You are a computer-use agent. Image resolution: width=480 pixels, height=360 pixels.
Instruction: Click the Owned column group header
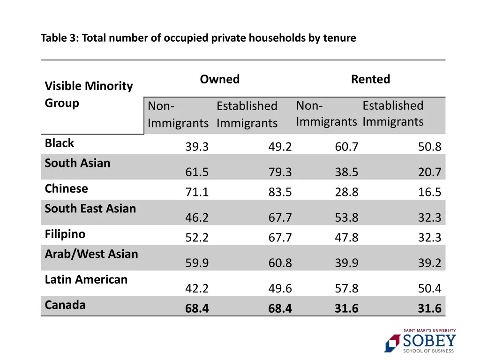(x=219, y=79)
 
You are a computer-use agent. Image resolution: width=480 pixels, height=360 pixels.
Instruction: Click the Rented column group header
(x=370, y=79)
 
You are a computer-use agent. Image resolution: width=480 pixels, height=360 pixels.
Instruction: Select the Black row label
(x=60, y=143)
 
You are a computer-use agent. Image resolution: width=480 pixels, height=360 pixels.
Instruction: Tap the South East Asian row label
(x=90, y=209)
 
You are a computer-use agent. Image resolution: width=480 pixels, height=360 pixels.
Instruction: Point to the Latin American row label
(x=86, y=279)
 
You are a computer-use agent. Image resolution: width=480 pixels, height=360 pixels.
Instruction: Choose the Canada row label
(x=65, y=305)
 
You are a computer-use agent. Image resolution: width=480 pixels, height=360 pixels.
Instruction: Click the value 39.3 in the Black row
(x=197, y=147)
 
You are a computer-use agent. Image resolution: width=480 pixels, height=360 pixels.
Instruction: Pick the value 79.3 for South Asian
(x=280, y=172)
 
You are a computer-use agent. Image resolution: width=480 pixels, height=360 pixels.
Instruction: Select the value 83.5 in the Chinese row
(x=280, y=192)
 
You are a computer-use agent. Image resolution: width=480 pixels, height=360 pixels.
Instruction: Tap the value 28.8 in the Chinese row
(x=346, y=192)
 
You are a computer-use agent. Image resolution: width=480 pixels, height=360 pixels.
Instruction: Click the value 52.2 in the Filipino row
(x=197, y=238)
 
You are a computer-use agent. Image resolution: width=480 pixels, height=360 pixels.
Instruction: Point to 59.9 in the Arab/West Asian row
(x=197, y=263)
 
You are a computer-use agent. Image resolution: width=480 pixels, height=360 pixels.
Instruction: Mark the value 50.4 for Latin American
(x=429, y=288)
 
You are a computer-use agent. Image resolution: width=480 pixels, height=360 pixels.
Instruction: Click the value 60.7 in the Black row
(x=346, y=147)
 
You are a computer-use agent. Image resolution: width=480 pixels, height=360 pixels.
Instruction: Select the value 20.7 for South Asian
(x=429, y=172)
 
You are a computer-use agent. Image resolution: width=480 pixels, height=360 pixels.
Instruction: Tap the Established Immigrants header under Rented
(x=393, y=113)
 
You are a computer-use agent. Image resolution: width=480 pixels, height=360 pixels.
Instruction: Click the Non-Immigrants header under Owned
(x=178, y=114)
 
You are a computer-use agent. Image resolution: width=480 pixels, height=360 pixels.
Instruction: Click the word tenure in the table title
(x=339, y=38)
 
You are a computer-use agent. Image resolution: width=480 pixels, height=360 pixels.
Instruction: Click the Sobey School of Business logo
(x=420, y=341)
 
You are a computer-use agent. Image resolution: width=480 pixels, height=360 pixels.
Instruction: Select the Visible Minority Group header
(x=89, y=94)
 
